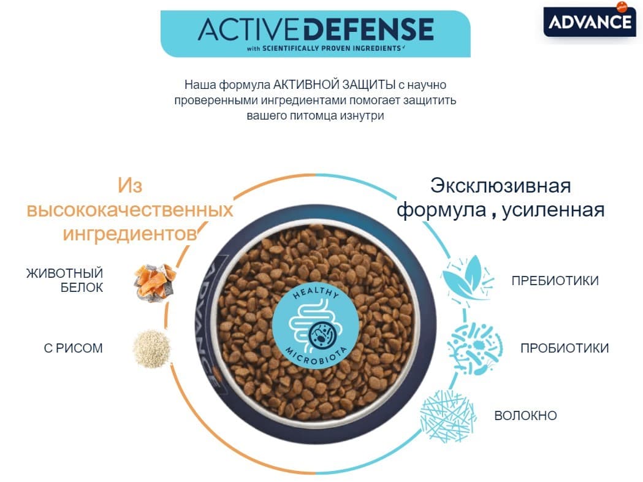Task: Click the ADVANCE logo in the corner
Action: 588,22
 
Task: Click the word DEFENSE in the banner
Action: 368,29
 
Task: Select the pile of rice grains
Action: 152,348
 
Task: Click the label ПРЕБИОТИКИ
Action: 555,281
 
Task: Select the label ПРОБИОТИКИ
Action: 564,348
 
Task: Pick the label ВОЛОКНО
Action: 525,416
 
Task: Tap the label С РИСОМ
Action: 73,348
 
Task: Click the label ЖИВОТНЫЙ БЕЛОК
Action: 64,280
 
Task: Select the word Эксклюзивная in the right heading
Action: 500,185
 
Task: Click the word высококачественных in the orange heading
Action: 129,210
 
